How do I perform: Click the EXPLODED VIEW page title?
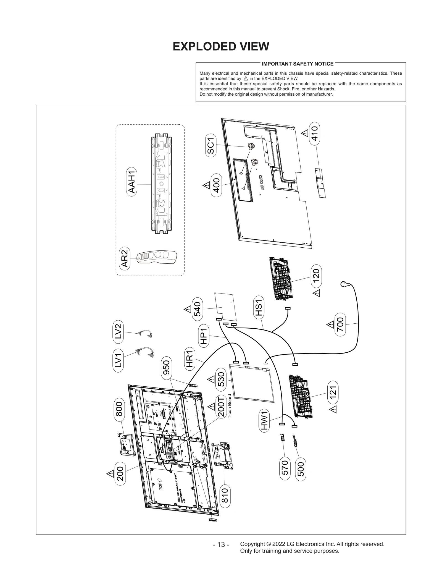(x=221, y=46)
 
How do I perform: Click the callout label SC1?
(x=211, y=146)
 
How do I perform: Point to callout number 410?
(x=315, y=133)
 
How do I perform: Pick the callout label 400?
(x=216, y=185)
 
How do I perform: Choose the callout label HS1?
(x=259, y=307)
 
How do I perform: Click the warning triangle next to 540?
(x=188, y=309)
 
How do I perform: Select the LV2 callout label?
(x=118, y=331)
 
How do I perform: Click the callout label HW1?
(x=264, y=420)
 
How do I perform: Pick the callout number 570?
(x=285, y=467)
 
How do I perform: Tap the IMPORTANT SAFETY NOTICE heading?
(x=298, y=64)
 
